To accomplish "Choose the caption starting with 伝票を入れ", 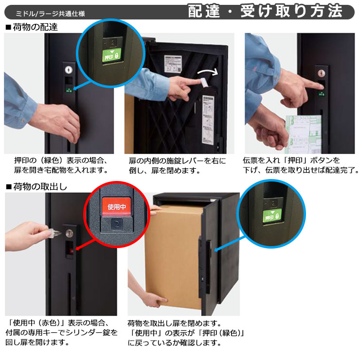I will tap(301, 165).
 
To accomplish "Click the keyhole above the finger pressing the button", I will tap(321, 73).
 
